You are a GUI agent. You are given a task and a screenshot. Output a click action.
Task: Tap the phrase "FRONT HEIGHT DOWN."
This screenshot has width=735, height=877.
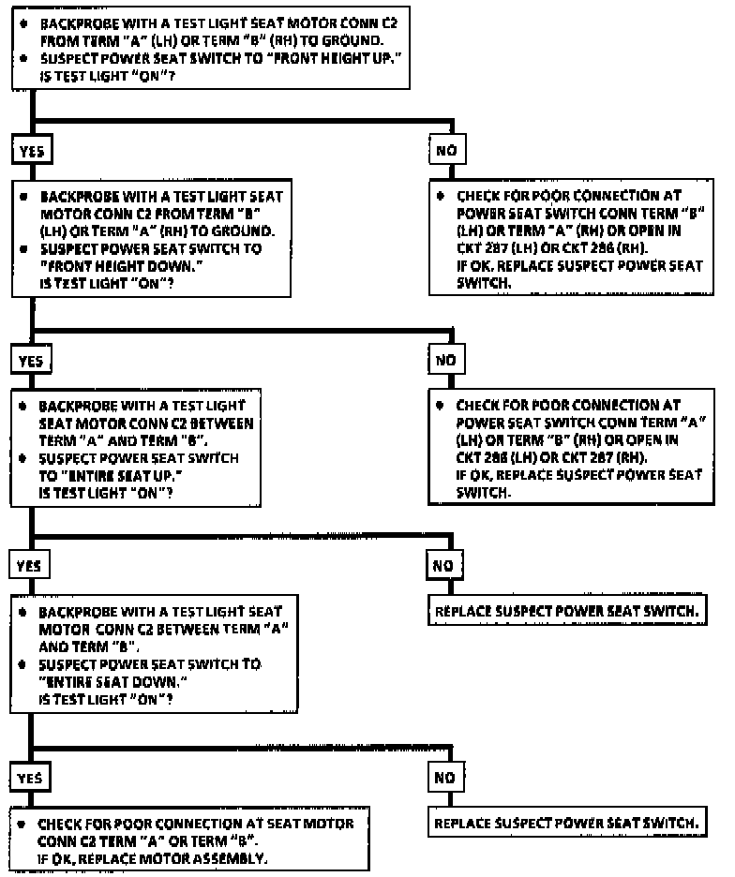pyautogui.click(x=108, y=266)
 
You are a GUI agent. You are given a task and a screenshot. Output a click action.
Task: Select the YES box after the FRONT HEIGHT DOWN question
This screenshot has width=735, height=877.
pyautogui.click(x=31, y=359)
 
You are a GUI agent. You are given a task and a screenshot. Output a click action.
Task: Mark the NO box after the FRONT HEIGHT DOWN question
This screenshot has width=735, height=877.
pyautogui.click(x=442, y=359)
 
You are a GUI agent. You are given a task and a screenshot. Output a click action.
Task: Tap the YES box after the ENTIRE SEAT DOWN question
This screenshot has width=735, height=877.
pyautogui.click(x=31, y=777)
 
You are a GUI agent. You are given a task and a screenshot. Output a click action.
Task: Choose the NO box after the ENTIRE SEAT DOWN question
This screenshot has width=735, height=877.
pyautogui.click(x=442, y=777)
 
